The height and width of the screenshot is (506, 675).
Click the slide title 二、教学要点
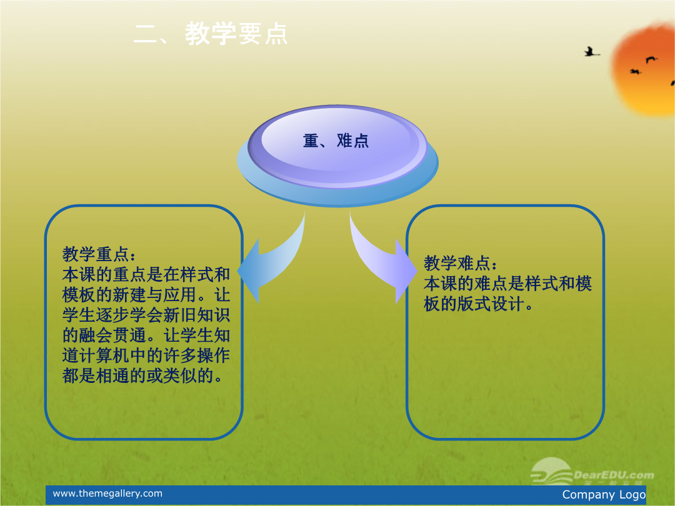click(210, 34)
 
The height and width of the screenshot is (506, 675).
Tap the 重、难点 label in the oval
click(336, 141)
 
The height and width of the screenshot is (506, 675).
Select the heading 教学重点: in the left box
click(99, 254)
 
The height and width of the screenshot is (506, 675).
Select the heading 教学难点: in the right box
click(461, 263)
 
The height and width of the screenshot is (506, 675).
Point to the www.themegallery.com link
click(107, 494)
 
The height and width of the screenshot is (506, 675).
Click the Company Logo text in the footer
click(604, 495)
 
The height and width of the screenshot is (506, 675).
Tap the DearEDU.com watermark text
click(614, 475)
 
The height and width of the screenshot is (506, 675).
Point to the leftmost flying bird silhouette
click(591, 52)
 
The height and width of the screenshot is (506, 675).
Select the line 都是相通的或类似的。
click(143, 375)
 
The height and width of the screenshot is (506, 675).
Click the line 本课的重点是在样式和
click(146, 274)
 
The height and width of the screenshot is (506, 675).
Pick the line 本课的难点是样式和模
click(507, 284)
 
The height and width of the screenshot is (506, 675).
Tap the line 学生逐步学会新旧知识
click(146, 315)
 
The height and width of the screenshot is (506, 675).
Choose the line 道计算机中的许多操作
click(146, 355)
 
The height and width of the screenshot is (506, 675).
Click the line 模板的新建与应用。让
click(146, 295)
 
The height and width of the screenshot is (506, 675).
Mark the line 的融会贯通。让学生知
click(146, 335)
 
